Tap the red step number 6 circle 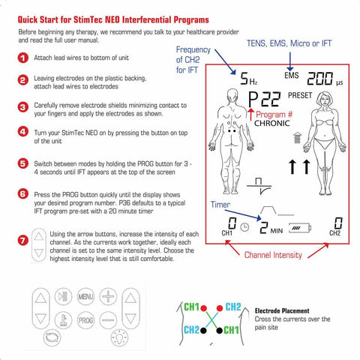pos(22,193)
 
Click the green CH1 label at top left pos(191,307)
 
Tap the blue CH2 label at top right pos(232,307)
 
